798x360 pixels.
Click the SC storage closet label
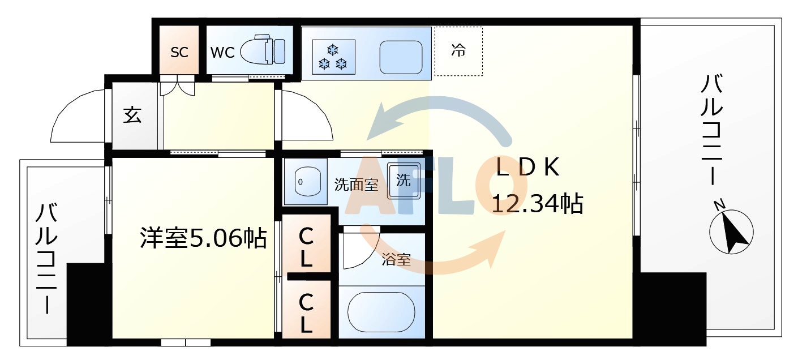(179, 52)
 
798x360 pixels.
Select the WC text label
(222, 52)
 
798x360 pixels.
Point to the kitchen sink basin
(401, 57)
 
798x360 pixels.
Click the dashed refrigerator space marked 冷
(458, 51)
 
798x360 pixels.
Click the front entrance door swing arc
(76, 116)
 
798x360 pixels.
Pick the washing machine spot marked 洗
(404, 181)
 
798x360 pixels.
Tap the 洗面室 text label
(355, 185)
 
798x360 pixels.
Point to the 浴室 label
(396, 260)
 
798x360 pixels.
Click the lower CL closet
(306, 313)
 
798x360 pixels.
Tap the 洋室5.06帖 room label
(203, 238)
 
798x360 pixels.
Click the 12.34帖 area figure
(537, 203)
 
